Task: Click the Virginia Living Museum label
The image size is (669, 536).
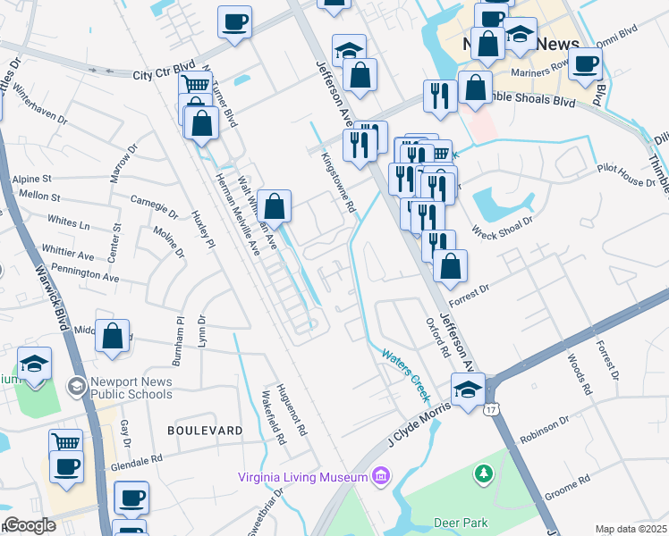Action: tap(303, 476)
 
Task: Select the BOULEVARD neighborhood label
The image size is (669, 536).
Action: tap(205, 431)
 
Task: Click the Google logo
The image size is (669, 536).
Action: tap(30, 525)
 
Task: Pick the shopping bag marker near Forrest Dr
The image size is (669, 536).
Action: tap(450, 265)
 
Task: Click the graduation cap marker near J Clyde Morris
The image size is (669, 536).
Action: tap(468, 389)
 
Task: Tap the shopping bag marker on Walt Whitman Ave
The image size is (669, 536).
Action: tap(275, 206)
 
